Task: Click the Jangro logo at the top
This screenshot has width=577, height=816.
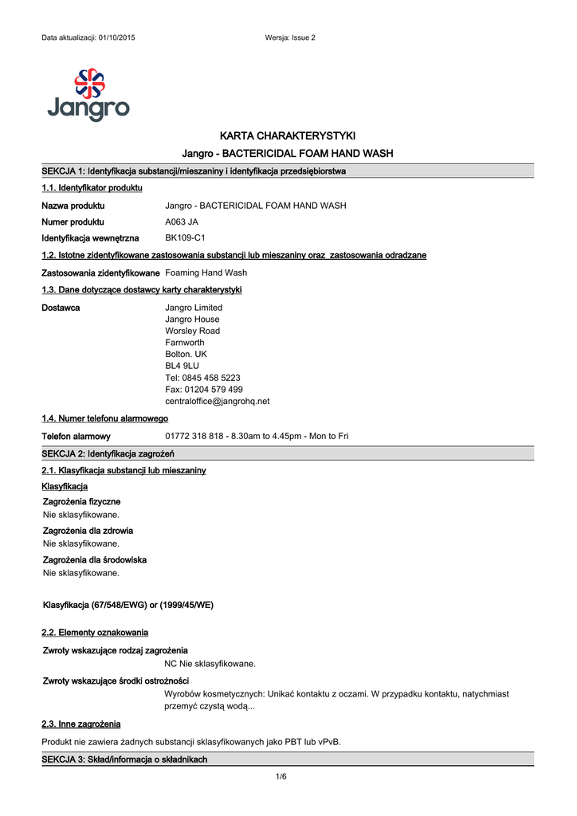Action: click(88, 95)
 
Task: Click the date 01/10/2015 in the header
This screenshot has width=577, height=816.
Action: click(116, 38)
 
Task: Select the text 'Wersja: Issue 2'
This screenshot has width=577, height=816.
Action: click(289, 38)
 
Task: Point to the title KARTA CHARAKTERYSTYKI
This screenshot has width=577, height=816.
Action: click(288, 135)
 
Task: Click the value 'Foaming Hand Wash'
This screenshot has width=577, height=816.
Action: click(206, 273)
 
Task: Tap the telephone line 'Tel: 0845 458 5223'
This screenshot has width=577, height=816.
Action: click(202, 378)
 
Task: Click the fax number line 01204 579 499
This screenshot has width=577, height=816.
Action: click(203, 390)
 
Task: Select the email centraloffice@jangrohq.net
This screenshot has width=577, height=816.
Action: click(217, 401)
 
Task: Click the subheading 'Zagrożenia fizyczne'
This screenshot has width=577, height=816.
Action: click(81, 501)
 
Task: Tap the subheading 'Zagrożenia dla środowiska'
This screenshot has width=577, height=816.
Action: click(94, 560)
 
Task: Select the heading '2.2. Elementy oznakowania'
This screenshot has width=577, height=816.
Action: click(95, 633)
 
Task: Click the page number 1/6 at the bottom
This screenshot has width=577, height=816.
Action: click(281, 777)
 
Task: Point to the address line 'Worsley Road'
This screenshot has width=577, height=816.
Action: click(192, 331)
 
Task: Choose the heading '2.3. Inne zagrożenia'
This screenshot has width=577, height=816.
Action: click(80, 724)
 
